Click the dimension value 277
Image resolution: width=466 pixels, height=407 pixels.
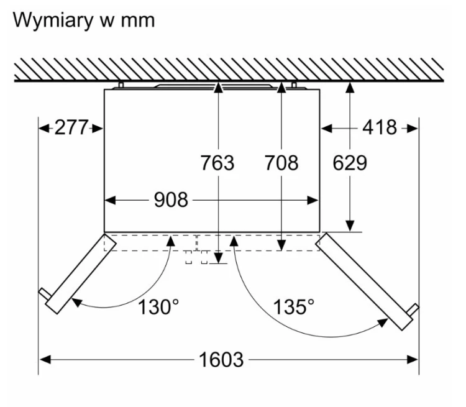click(71, 127)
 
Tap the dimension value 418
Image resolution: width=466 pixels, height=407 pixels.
click(380, 127)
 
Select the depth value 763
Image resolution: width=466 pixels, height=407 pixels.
click(217, 163)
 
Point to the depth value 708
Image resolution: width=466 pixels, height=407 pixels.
click(281, 163)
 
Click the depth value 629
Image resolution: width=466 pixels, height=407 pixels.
click(350, 163)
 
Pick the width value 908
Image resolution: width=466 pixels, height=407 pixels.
click(171, 199)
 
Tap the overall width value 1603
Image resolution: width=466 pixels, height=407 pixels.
click(221, 360)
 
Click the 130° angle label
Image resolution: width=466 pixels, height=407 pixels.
click(158, 307)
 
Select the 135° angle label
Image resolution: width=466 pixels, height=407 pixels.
click(294, 307)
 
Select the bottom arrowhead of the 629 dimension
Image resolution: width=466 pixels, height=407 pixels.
click(350, 226)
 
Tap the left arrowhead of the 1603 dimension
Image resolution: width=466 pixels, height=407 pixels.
click(45, 360)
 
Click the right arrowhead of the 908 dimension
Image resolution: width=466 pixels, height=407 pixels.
click(313, 200)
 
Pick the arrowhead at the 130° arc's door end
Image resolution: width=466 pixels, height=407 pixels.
click(76, 303)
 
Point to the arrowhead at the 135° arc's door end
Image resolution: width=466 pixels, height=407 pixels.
click(383, 323)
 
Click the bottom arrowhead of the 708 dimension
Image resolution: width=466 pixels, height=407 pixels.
click(281, 245)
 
